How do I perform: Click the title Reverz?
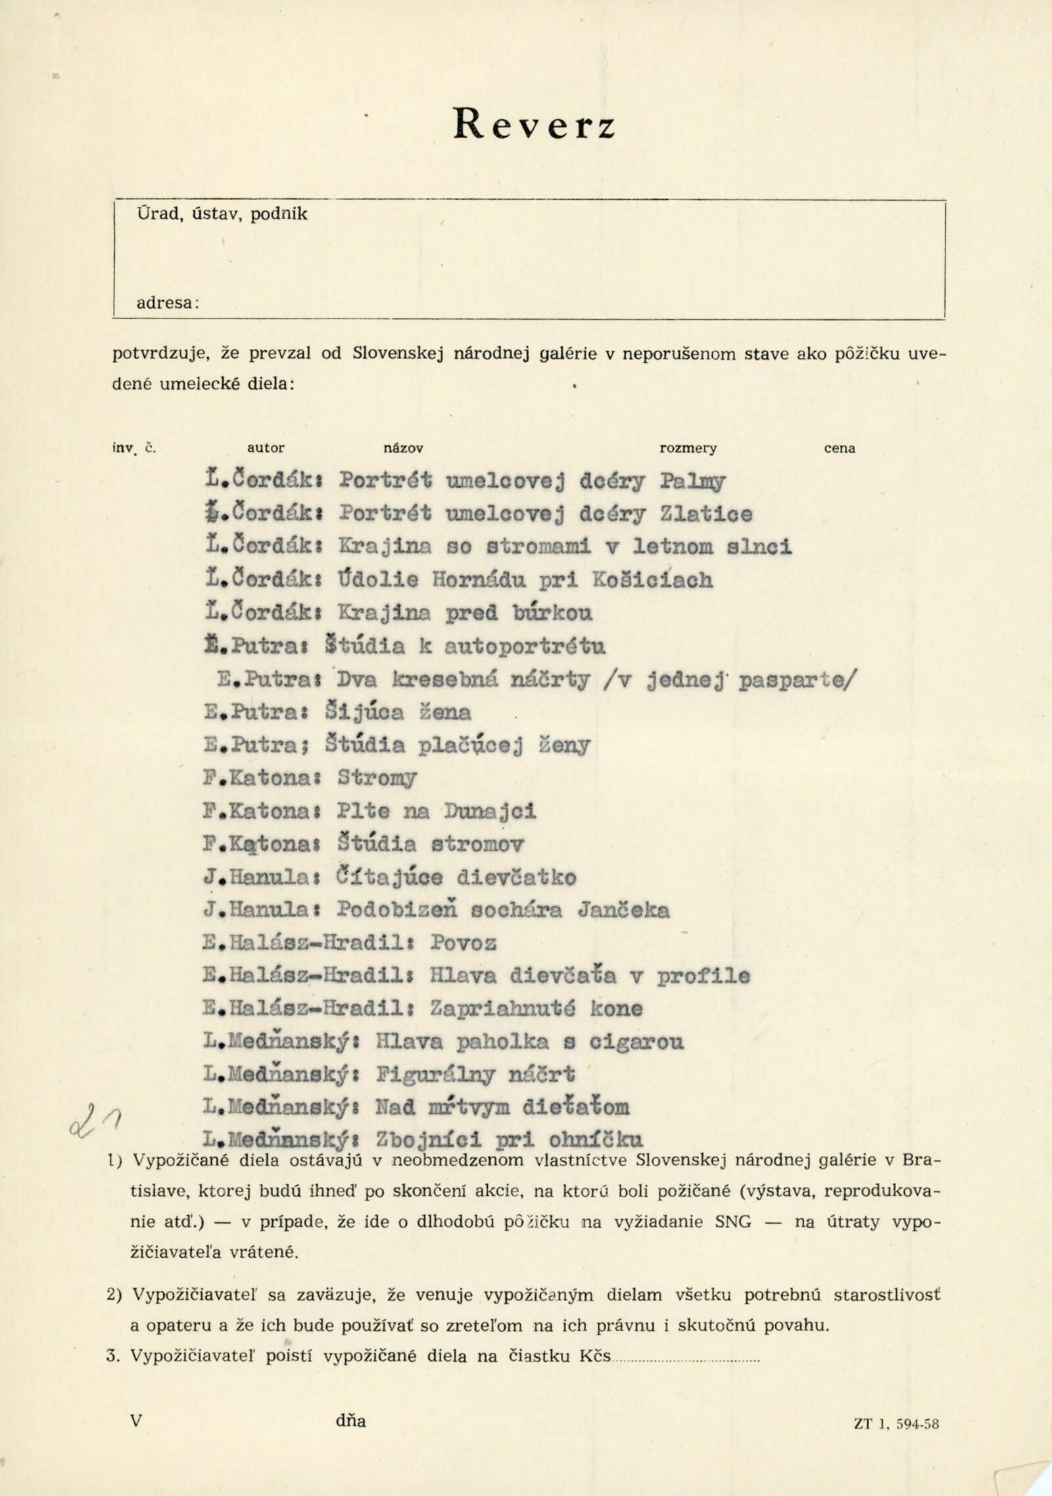tap(534, 123)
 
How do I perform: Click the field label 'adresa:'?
tap(168, 303)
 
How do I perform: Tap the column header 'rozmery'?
tap(688, 449)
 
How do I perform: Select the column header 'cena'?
tap(840, 449)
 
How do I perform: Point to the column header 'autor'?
tap(266, 449)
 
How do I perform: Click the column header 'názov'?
tap(403, 449)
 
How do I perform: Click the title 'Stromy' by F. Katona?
tap(377, 779)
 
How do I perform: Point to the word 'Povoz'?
tap(464, 943)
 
